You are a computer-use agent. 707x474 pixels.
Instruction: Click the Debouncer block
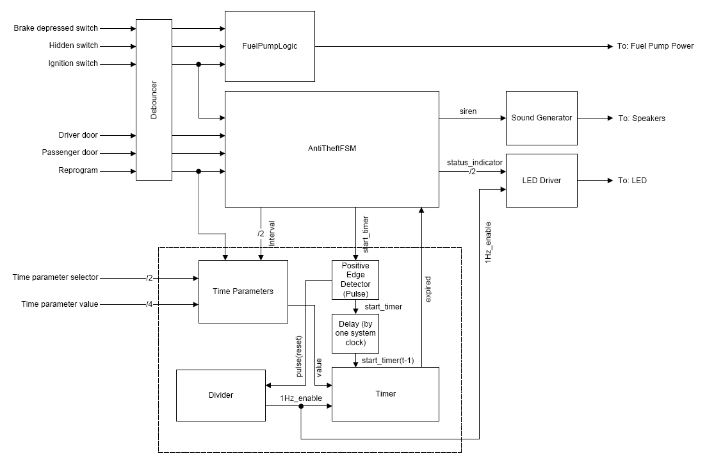click(x=154, y=100)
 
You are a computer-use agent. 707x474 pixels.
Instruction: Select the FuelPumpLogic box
click(x=270, y=46)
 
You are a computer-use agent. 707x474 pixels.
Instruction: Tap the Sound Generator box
click(x=541, y=118)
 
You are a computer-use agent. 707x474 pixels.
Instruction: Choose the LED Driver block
click(x=541, y=181)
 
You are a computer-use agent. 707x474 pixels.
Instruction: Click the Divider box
click(x=220, y=395)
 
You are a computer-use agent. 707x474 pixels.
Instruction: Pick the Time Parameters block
click(x=243, y=291)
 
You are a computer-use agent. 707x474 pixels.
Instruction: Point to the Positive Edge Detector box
click(x=355, y=280)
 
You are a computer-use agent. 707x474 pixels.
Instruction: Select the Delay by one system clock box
click(x=355, y=333)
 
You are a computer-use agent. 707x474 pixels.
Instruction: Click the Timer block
click(x=385, y=394)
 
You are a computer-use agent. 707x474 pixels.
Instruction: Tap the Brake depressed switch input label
click(x=56, y=28)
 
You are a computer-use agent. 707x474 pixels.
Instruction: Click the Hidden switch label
click(x=74, y=46)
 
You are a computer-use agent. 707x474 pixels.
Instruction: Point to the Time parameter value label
click(x=60, y=304)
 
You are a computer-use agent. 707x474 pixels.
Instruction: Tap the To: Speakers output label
click(x=641, y=118)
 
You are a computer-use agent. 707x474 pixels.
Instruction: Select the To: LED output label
click(x=632, y=181)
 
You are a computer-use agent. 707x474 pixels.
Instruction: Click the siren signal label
click(x=468, y=111)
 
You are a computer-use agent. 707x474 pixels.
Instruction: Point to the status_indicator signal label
click(x=475, y=163)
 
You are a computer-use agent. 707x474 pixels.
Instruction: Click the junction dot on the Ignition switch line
click(x=199, y=64)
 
